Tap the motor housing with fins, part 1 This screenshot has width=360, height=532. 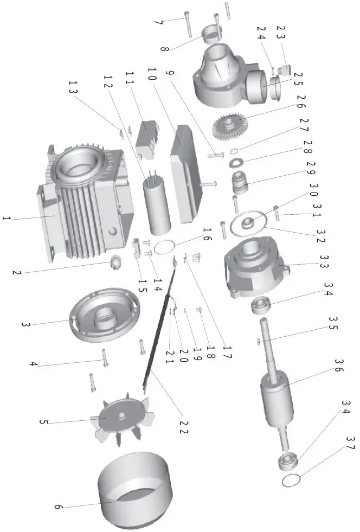coord(87,206)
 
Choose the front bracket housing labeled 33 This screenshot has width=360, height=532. coord(252,268)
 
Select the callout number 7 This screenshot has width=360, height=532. coord(158,23)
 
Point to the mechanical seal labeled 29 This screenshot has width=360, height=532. coord(239,183)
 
